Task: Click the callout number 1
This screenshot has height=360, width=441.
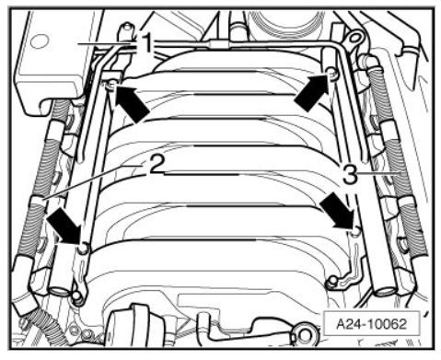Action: click(147, 43)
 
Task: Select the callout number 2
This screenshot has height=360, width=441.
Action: click(156, 165)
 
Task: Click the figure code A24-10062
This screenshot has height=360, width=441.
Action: click(371, 323)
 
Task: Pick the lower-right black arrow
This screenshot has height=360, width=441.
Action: click(337, 213)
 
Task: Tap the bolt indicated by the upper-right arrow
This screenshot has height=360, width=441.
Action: click(331, 72)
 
